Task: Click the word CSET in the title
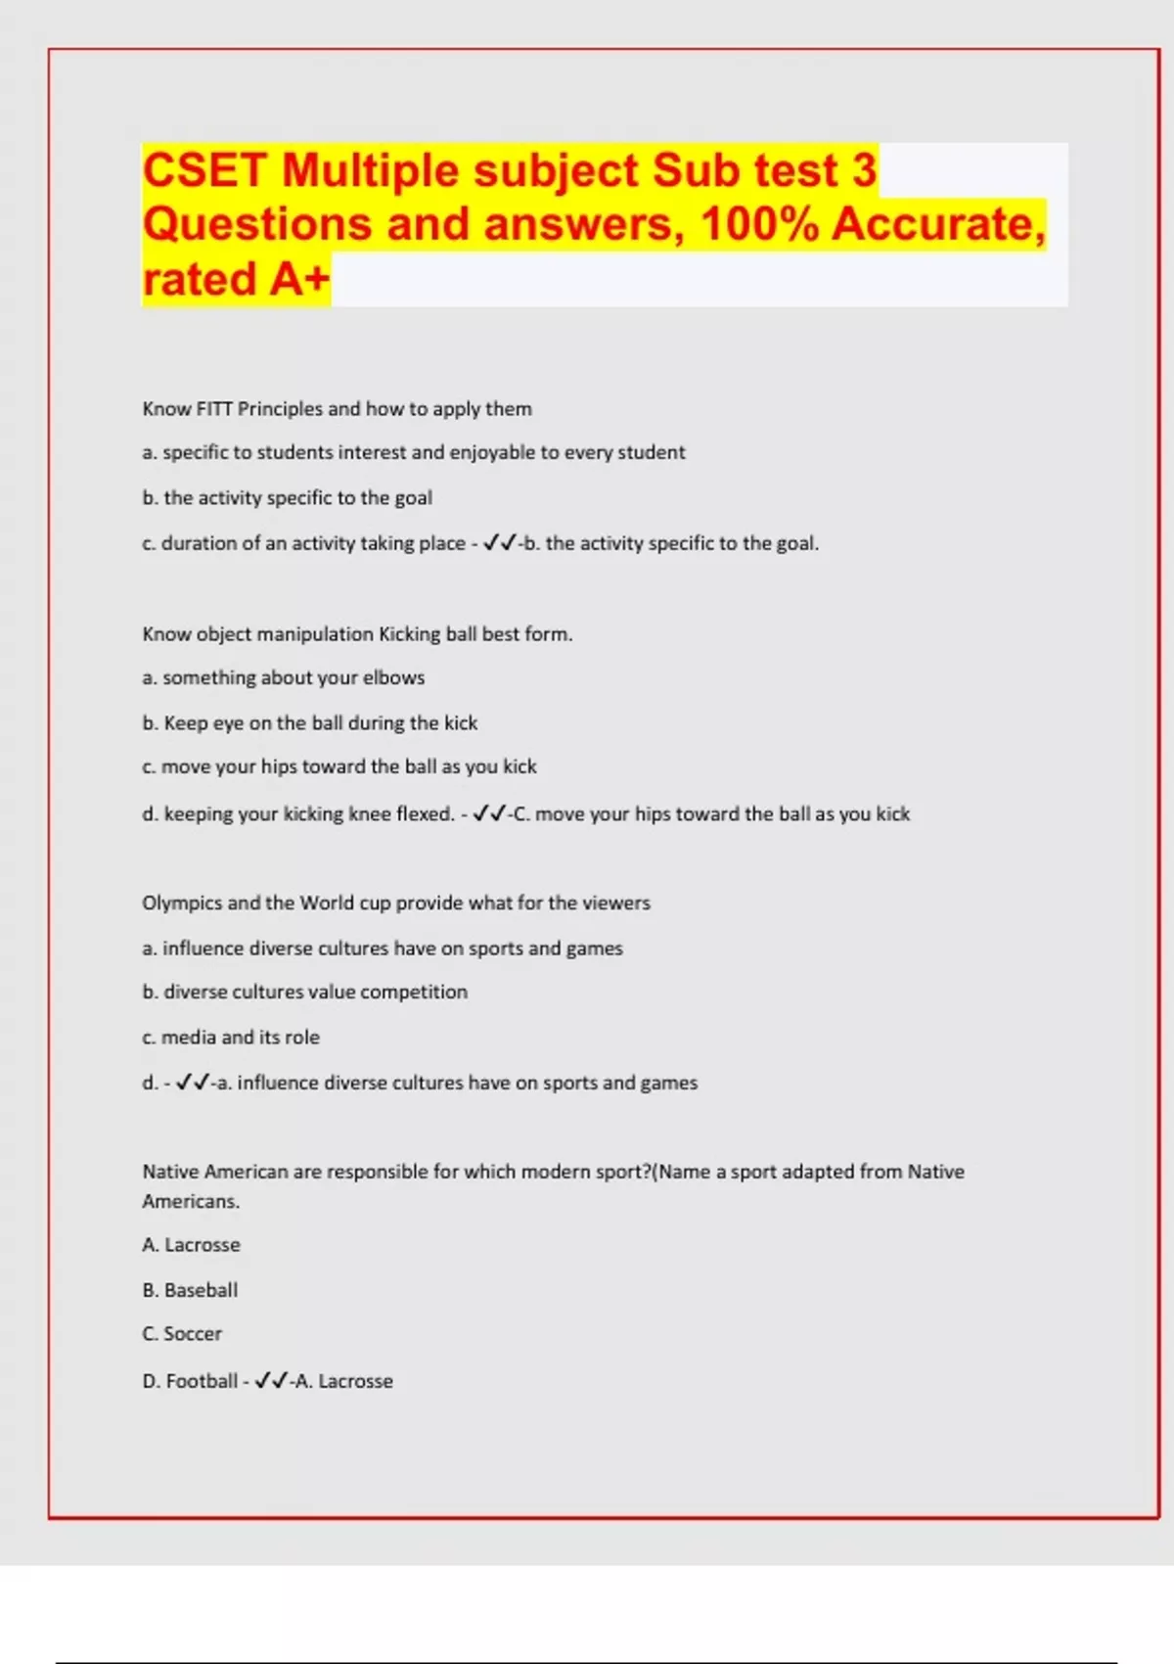204,170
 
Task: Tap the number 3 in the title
863,170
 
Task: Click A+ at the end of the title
298,279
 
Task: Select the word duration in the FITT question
200,543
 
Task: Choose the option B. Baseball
190,1290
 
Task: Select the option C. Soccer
182,1334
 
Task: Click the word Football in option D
202,1381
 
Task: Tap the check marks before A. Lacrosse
271,1381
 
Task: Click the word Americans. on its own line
191,1201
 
